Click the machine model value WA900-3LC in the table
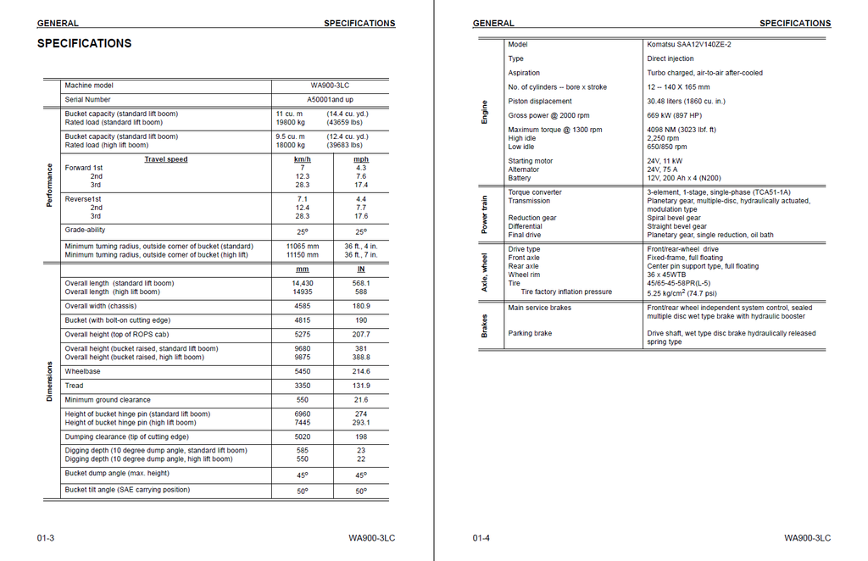point(330,86)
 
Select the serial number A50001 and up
point(330,100)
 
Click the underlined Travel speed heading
point(166,159)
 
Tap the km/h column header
point(303,159)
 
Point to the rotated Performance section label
point(49,185)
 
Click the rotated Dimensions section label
point(49,381)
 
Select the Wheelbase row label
point(82,371)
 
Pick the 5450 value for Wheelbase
point(303,371)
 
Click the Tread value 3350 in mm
point(303,386)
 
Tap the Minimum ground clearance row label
point(108,400)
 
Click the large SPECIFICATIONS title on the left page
point(84,43)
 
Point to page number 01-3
point(46,538)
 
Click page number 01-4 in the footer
point(481,538)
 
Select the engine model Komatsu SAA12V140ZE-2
point(689,45)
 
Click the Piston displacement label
point(539,101)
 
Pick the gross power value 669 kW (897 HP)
point(675,115)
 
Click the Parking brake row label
point(530,333)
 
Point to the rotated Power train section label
point(485,214)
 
